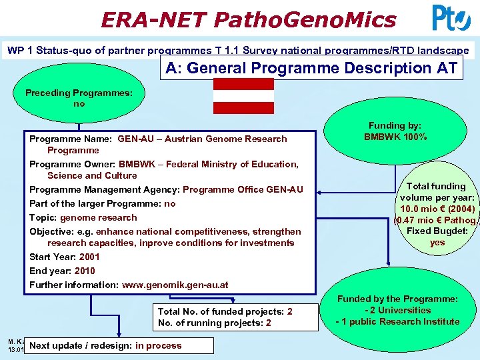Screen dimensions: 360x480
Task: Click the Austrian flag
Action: [x=243, y=95]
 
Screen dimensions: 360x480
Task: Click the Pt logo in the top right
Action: [x=451, y=18]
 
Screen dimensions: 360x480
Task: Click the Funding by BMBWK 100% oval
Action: [x=395, y=131]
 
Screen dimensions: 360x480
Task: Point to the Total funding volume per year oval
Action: [x=437, y=214]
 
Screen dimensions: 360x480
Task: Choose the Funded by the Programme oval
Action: [x=397, y=311]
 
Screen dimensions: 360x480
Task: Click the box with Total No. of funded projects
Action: [x=225, y=317]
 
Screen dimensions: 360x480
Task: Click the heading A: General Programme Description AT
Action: [x=311, y=68]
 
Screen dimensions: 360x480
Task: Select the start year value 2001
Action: [x=89, y=257]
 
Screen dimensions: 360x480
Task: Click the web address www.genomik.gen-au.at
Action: [x=174, y=285]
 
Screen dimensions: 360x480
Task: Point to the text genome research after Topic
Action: [x=98, y=217]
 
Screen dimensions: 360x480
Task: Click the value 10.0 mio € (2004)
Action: [x=437, y=208]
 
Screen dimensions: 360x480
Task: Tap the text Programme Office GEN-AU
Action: [x=243, y=189]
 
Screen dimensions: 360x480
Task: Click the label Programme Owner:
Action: [x=73, y=164]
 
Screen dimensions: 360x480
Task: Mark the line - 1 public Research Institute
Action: [x=397, y=321]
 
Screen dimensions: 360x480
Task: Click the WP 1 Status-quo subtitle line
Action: [x=237, y=51]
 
